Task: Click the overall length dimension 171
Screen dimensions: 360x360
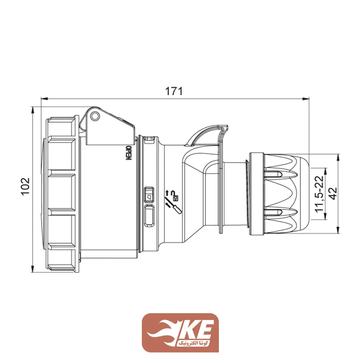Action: [174, 91]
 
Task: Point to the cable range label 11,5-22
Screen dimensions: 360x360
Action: [319, 194]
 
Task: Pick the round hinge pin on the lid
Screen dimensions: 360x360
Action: [95, 116]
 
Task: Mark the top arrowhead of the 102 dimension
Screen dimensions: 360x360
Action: [33, 109]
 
